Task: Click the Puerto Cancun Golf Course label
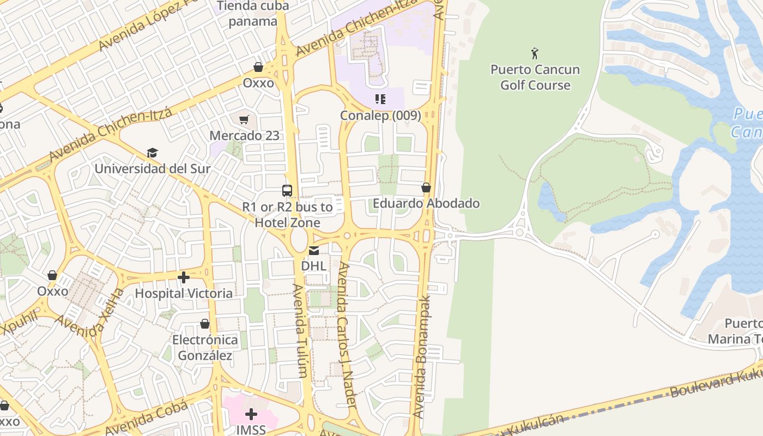tap(535, 77)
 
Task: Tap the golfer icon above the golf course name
tap(535, 53)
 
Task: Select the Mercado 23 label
tap(245, 135)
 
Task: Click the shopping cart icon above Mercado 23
tap(244, 119)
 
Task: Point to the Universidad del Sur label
tap(153, 168)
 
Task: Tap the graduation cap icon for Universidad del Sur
tap(152, 153)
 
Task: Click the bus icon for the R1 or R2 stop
tap(287, 191)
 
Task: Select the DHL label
tap(314, 266)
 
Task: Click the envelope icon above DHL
tap(314, 251)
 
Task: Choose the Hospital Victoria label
tap(184, 293)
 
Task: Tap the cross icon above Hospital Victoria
tap(184, 277)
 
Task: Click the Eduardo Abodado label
tap(426, 203)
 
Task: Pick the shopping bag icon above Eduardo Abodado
tap(426, 187)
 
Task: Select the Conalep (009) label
tap(380, 116)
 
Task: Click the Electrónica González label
tap(205, 348)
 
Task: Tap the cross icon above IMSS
tap(251, 414)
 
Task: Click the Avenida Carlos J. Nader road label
tap(347, 335)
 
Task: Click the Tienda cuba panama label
tap(253, 14)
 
